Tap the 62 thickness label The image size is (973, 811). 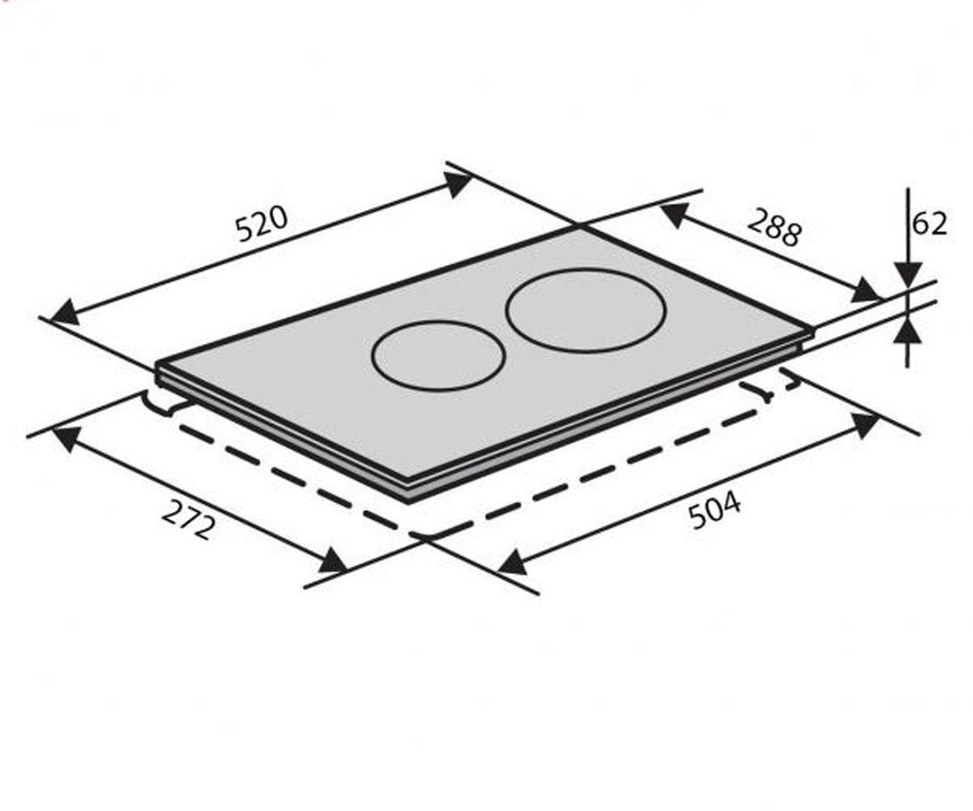[929, 224]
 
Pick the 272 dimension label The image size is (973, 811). [188, 519]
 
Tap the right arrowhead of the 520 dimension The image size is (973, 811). [457, 184]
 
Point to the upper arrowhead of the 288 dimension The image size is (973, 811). [675, 215]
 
